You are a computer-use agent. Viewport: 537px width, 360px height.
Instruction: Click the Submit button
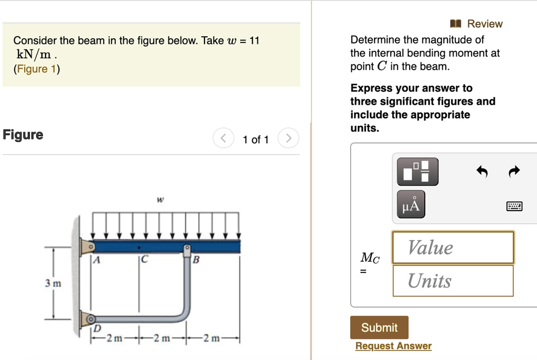coord(379,328)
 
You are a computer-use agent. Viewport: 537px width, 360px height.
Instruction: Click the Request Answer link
coord(393,346)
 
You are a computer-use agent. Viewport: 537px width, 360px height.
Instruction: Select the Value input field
coord(453,247)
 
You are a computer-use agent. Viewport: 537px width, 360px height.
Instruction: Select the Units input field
coord(453,281)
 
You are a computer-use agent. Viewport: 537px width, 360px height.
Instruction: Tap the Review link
coord(478,24)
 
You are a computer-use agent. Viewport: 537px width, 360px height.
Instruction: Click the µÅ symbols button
coord(411,204)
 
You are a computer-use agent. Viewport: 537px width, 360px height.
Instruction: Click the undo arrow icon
coord(482,171)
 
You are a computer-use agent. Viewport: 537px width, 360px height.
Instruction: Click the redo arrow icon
coord(514,171)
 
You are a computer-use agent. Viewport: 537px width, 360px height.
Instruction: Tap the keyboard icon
coord(514,206)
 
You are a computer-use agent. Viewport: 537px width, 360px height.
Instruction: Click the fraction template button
coord(417,171)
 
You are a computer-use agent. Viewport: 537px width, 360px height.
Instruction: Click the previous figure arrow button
coord(223,139)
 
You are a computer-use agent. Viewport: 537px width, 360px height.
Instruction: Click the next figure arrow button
coord(288,139)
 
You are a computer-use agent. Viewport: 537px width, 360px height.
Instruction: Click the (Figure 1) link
coord(37,69)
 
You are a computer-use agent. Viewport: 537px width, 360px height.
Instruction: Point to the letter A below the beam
coord(96,259)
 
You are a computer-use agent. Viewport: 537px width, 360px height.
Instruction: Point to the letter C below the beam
coord(143,259)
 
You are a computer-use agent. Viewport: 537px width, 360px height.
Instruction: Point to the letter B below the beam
coord(196,259)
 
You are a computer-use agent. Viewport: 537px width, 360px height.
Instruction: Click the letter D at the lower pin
coord(96,329)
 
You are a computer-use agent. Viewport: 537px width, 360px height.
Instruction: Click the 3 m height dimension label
coord(53,283)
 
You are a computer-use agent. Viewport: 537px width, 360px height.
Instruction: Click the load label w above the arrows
coord(160,200)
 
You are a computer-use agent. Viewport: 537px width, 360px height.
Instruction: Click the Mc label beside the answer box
coord(370,258)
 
